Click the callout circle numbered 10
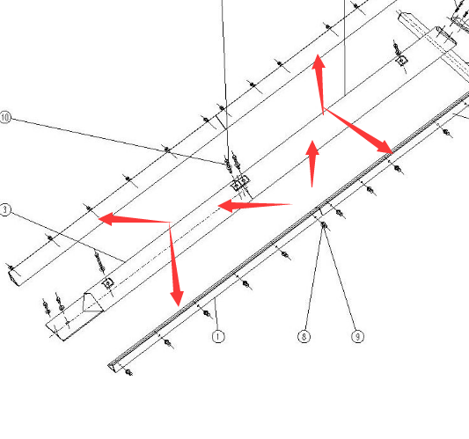tap(5, 117)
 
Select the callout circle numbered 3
tap(4, 209)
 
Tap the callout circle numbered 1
tap(218, 336)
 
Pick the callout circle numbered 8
tap(304, 336)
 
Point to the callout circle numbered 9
tap(357, 336)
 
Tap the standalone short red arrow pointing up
tap(312, 164)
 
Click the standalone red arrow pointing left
tap(255, 206)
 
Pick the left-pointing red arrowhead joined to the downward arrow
tap(106, 218)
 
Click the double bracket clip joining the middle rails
tap(241, 183)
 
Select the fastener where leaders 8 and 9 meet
tap(323, 224)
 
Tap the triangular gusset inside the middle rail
tap(92, 303)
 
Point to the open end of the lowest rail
tap(113, 367)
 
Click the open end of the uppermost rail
tap(13, 277)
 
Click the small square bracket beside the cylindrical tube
tap(402, 61)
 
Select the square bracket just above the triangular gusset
tap(107, 282)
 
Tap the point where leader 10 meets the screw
tap(227, 165)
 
